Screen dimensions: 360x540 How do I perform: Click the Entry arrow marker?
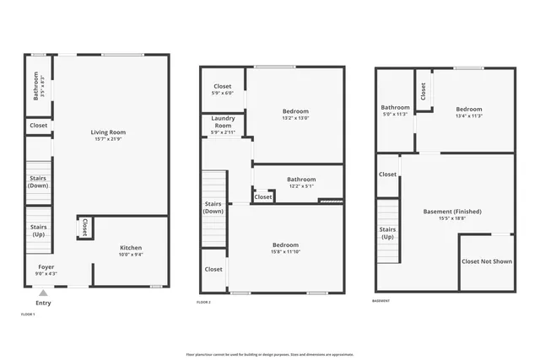tap(43, 293)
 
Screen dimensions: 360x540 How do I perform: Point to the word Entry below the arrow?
tap(43, 303)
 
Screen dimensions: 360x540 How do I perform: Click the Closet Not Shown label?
tap(486, 261)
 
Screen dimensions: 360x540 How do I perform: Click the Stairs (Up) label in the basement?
tap(387, 233)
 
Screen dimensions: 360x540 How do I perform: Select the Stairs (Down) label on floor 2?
tap(213, 207)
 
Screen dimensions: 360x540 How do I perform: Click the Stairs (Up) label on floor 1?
tap(38, 230)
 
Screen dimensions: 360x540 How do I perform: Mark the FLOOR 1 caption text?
tap(28, 314)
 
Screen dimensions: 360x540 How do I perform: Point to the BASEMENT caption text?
tap(381, 301)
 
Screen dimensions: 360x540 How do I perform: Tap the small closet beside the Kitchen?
tap(85, 227)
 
